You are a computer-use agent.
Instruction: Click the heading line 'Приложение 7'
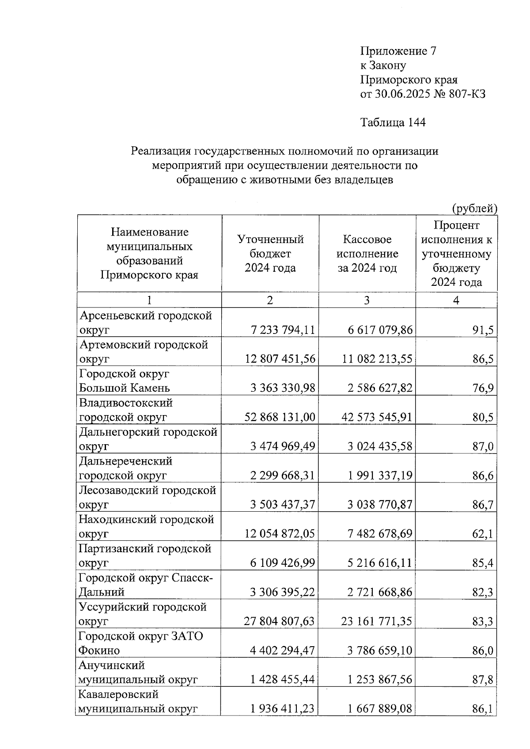(x=398, y=51)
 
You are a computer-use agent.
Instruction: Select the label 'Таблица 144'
(x=393, y=122)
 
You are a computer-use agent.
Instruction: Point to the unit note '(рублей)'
(x=474, y=208)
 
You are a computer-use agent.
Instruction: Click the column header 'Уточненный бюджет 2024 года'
(x=270, y=254)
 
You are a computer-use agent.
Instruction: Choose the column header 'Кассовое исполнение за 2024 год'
(x=367, y=254)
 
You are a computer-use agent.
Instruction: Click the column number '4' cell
(x=456, y=300)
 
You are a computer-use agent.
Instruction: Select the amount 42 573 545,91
(x=377, y=417)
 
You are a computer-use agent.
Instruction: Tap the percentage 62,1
(x=483, y=534)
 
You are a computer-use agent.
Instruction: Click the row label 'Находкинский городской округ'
(x=146, y=526)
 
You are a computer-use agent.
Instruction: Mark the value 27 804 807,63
(x=279, y=622)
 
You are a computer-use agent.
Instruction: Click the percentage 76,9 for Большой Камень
(x=483, y=389)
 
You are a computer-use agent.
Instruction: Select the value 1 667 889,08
(x=379, y=709)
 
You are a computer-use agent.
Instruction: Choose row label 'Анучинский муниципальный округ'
(x=137, y=672)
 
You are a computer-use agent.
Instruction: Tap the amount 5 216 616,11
(x=379, y=563)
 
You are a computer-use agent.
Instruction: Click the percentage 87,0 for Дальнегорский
(x=483, y=447)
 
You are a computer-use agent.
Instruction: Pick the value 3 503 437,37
(x=283, y=505)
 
